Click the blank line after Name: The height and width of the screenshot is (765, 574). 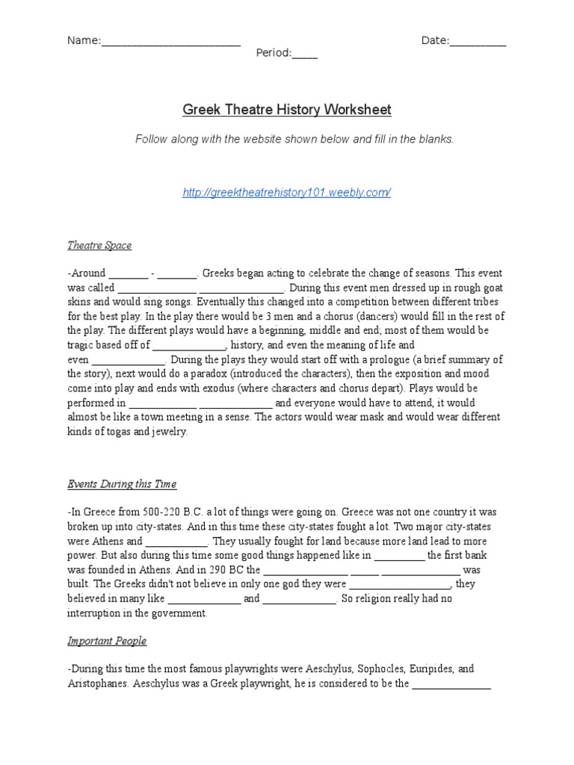170,42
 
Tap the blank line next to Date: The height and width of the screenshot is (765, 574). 478,42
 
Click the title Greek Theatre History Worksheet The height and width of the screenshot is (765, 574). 287,111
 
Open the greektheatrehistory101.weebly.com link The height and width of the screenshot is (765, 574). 287,193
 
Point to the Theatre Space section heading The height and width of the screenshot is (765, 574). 99,245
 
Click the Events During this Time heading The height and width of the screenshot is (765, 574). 122,484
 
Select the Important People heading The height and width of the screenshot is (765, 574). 107,641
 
